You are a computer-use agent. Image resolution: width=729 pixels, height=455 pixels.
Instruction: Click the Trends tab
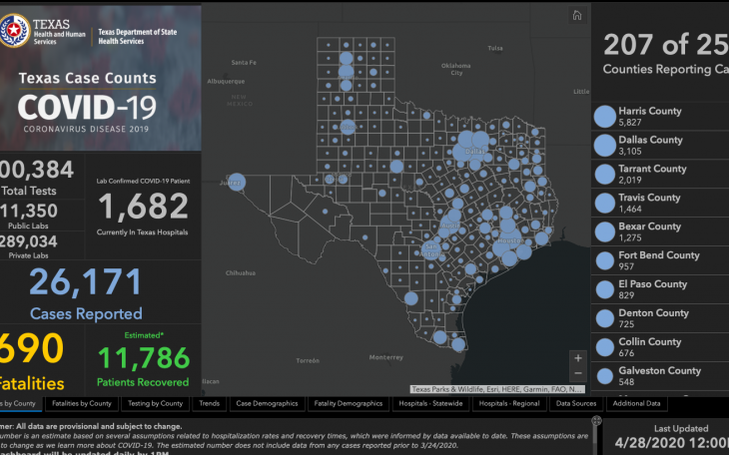click(x=210, y=404)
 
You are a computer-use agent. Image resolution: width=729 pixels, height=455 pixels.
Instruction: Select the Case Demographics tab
click(x=268, y=404)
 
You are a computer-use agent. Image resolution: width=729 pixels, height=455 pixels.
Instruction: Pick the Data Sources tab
click(x=576, y=404)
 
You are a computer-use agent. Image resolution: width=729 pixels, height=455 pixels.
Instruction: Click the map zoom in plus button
click(x=577, y=357)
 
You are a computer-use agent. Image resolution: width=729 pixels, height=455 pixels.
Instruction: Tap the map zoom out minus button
click(x=577, y=375)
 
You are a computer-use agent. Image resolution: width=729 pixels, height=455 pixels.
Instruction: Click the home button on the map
click(x=576, y=15)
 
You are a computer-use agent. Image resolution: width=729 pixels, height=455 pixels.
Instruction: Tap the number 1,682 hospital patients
click(x=143, y=206)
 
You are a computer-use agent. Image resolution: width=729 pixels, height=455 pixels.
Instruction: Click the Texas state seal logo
click(x=16, y=32)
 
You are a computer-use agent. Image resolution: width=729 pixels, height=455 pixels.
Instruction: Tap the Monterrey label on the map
click(x=383, y=356)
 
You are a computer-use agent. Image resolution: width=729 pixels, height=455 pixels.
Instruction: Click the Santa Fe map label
click(x=245, y=63)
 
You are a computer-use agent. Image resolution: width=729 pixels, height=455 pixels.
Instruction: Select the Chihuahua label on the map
click(x=240, y=271)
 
